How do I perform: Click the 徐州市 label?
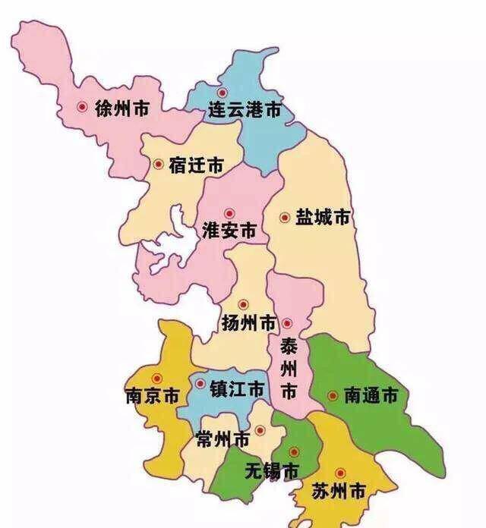(121, 109)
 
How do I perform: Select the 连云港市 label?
(245, 112)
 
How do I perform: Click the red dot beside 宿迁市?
(158, 164)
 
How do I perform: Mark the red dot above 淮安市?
(227, 213)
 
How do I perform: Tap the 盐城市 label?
(322, 218)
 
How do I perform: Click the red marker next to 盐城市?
(285, 218)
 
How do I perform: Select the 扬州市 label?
(248, 323)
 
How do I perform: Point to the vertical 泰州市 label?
(289, 370)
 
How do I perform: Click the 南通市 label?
(371, 396)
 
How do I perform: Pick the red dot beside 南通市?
(332, 395)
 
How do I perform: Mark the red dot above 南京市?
(157, 378)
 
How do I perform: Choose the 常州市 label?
(222, 439)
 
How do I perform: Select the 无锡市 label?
(271, 470)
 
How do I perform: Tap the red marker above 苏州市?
(339, 472)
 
